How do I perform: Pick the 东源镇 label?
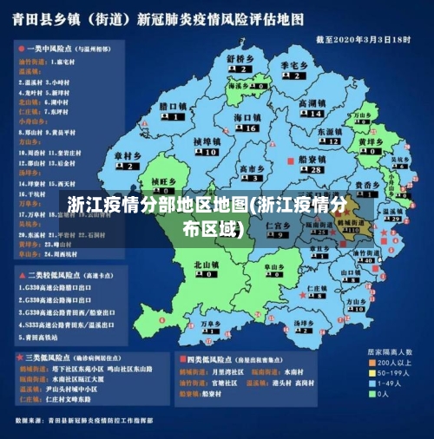331,131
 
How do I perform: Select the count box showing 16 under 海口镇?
249,128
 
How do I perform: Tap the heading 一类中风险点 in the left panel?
49,49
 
